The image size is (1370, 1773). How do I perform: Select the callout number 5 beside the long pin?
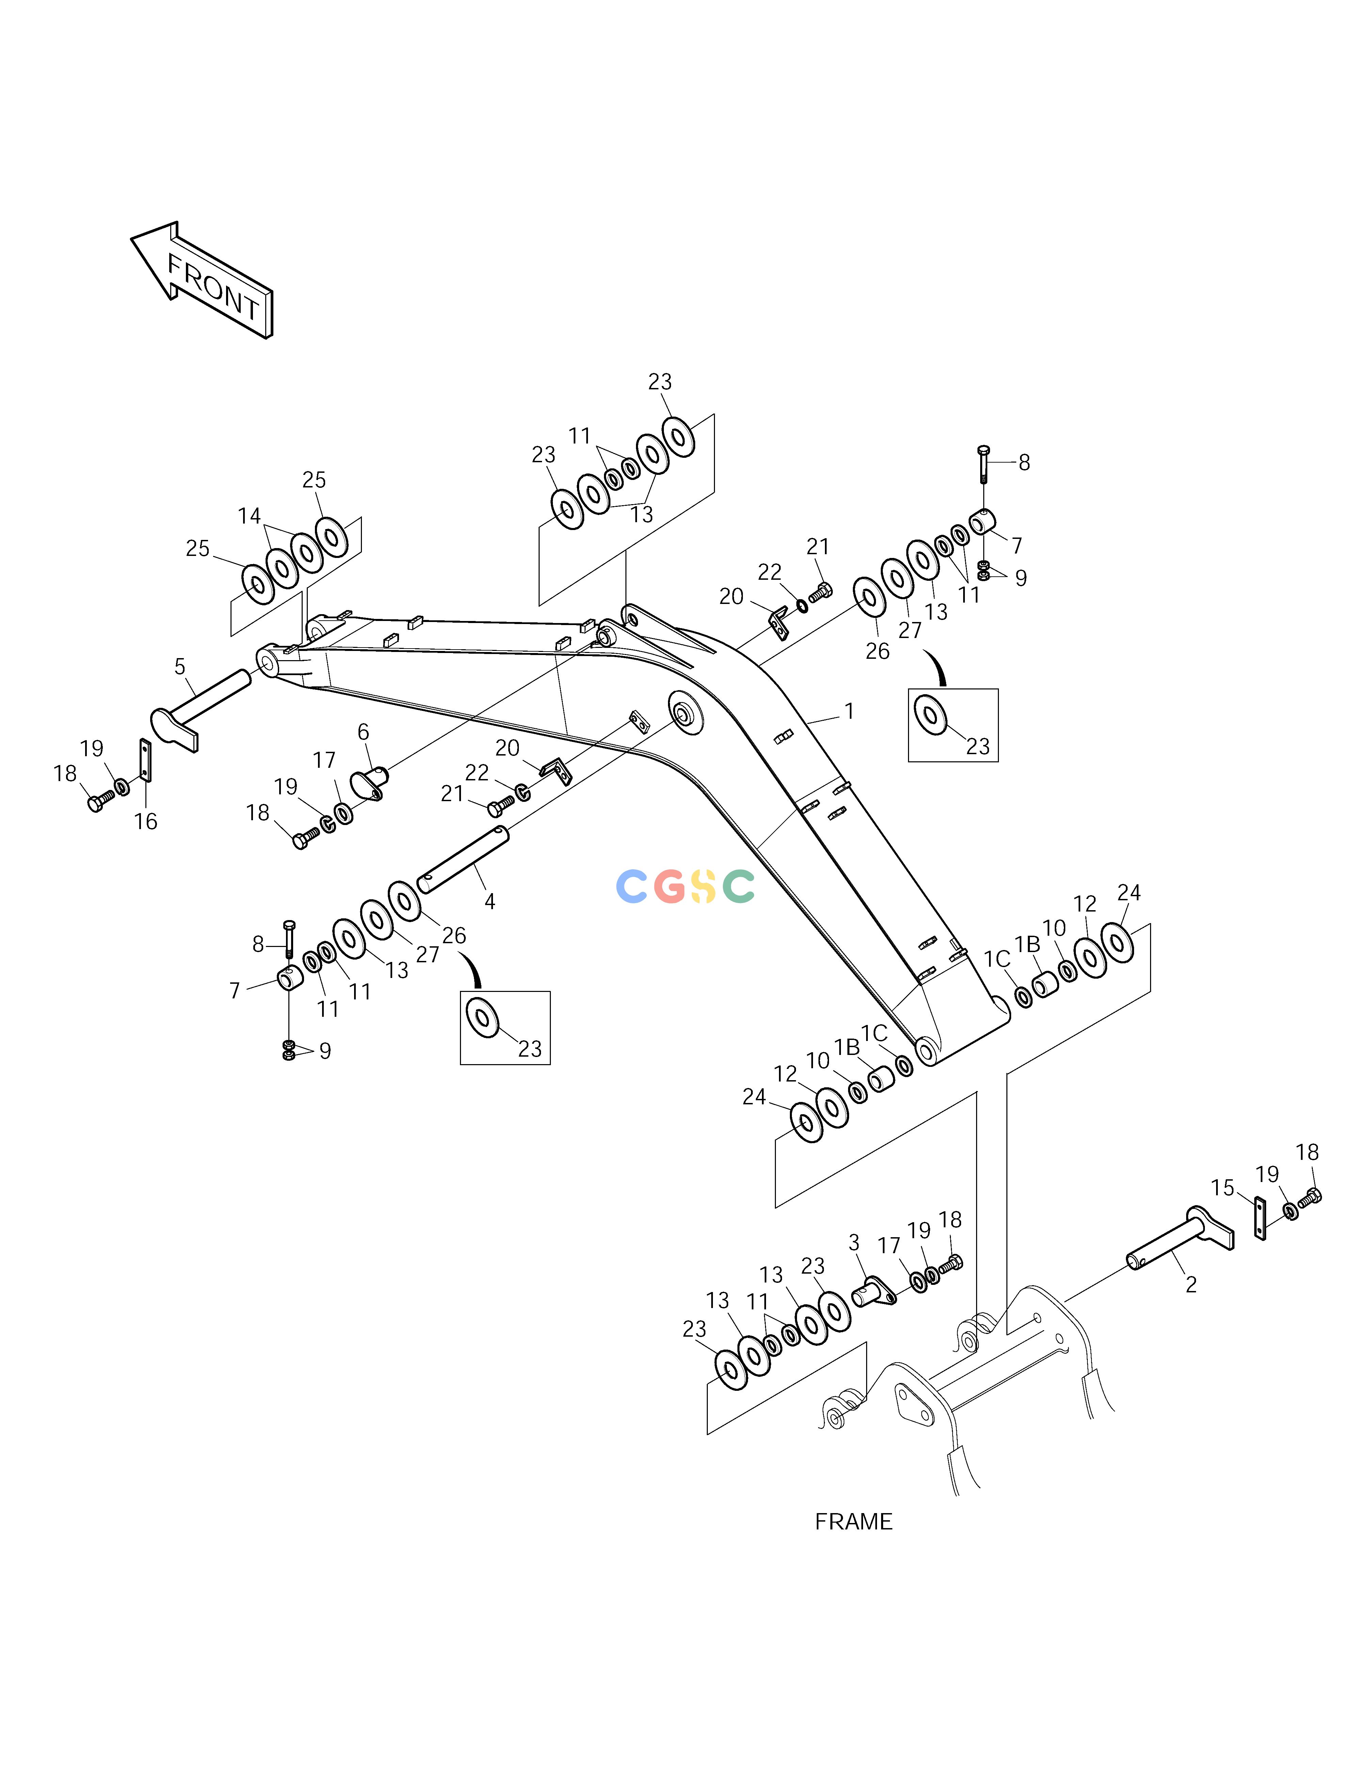[x=180, y=667]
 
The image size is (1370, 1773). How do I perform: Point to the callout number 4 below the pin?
[x=489, y=901]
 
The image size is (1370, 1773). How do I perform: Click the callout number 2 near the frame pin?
[x=1191, y=1285]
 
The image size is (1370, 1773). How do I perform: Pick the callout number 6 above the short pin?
[x=363, y=732]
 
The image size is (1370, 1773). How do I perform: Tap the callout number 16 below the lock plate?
[x=145, y=822]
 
